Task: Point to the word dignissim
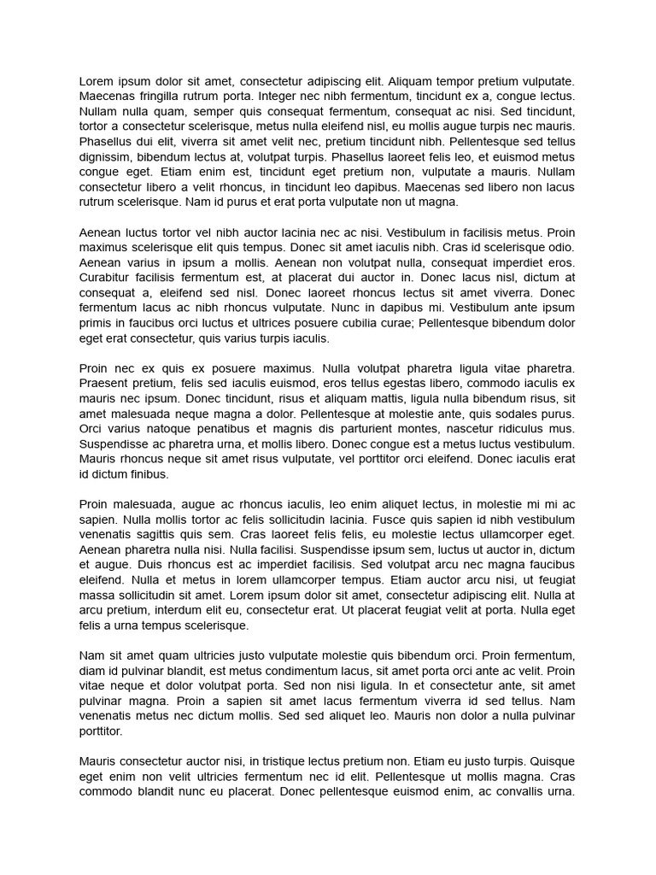click(107, 157)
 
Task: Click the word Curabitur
click(107, 278)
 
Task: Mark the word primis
click(96, 323)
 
